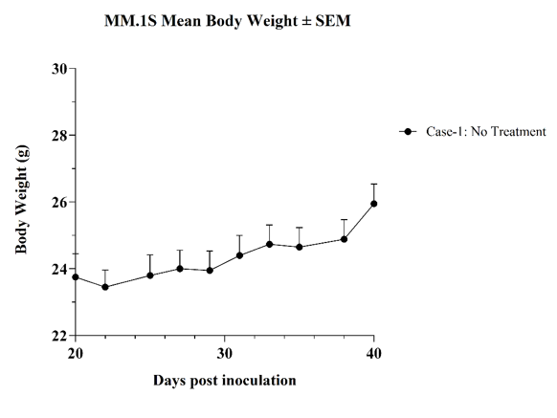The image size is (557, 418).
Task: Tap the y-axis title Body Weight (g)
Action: (x=21, y=199)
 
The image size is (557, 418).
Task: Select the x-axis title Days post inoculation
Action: (x=225, y=381)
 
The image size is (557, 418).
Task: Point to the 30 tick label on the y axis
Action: (x=59, y=69)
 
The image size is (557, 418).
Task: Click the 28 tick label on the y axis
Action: (x=59, y=135)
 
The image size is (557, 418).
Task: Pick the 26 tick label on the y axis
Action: (x=59, y=202)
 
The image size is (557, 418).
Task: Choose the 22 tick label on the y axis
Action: (x=59, y=336)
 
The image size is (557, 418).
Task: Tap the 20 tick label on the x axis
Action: (x=76, y=354)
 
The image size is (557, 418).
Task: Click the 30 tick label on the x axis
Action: (x=225, y=354)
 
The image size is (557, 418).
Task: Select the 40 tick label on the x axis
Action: (x=373, y=354)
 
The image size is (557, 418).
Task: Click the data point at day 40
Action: (x=373, y=204)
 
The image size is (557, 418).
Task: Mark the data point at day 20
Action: (x=76, y=277)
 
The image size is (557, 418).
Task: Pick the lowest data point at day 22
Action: (x=105, y=287)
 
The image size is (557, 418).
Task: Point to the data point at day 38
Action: (x=344, y=239)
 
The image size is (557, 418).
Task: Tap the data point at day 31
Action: (x=239, y=255)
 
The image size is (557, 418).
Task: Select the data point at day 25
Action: (x=150, y=275)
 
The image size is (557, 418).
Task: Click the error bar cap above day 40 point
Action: (x=373, y=184)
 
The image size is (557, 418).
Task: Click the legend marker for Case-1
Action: (x=408, y=132)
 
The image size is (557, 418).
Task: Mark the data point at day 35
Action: (x=300, y=247)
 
